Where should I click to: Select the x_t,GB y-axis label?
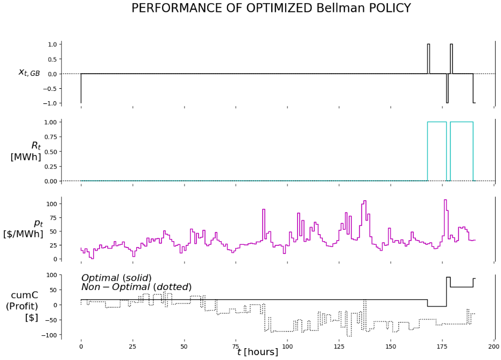29,72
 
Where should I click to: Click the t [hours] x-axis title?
257,352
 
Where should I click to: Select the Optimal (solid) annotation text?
116,278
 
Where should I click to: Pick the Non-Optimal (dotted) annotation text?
136,287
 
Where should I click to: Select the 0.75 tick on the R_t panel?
50,137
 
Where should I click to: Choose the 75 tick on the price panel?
52,218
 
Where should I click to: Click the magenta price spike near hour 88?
264,209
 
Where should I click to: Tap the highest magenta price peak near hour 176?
445,200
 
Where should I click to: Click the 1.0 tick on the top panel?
52,44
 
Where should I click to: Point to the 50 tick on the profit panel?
52,290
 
